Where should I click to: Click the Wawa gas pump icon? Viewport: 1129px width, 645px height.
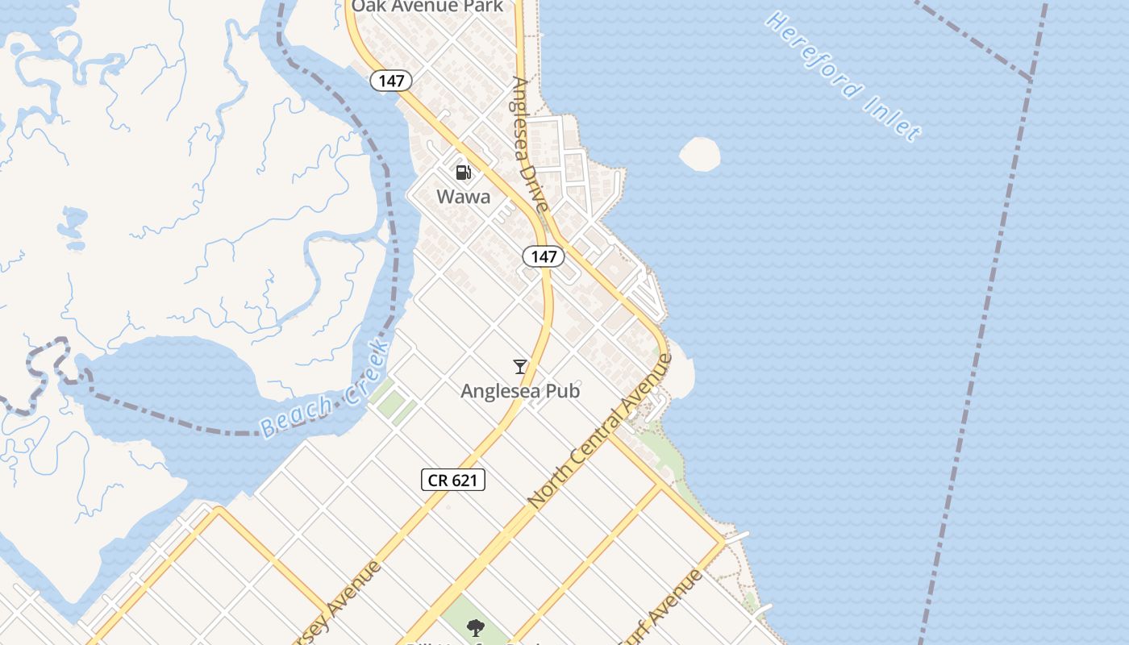point(463,172)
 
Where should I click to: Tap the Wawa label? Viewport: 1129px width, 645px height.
point(463,196)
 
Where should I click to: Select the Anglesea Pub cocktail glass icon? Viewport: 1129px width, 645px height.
point(520,367)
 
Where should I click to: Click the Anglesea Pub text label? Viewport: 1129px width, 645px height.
point(520,391)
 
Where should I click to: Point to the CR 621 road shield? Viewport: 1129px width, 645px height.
point(453,480)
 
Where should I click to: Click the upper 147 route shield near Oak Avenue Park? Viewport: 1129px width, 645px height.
point(391,81)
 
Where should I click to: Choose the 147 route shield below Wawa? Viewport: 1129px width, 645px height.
point(544,256)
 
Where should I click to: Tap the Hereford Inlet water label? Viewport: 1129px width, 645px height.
point(843,76)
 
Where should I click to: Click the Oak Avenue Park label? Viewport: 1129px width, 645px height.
point(427,6)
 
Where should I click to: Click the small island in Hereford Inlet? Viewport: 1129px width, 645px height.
point(700,154)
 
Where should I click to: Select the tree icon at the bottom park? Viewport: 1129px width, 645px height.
point(476,627)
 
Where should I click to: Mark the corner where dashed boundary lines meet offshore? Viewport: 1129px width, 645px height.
point(1031,79)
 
